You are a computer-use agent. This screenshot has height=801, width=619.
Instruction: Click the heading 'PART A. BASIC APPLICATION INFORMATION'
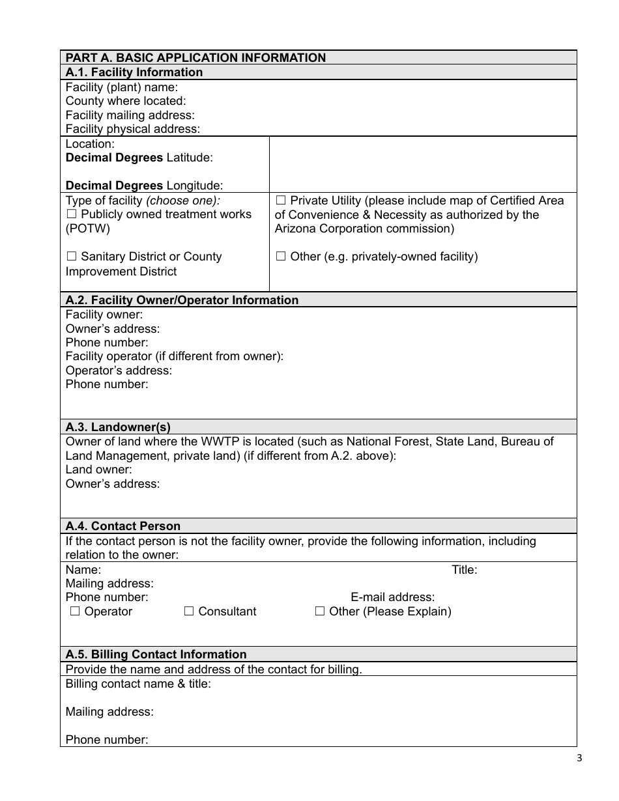[195, 58]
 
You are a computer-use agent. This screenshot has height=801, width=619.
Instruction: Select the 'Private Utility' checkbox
[281, 201]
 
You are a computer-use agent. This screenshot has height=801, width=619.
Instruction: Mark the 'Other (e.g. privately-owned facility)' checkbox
[281, 257]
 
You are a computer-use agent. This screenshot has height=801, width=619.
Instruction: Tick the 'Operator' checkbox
[75, 611]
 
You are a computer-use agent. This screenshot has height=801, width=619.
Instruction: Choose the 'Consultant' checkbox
[189, 611]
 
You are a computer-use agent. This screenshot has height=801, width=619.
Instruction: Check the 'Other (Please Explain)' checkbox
[320, 611]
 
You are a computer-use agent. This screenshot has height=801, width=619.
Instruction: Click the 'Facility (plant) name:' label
[122, 87]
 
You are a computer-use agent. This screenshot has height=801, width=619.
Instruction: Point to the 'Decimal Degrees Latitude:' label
[139, 158]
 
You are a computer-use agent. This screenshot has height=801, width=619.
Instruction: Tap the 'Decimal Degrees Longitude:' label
[144, 186]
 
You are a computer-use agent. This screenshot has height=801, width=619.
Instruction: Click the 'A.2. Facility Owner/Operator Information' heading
[182, 300]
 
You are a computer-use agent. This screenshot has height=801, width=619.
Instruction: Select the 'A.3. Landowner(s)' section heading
[118, 427]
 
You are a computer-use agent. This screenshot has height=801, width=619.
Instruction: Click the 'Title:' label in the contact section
[465, 570]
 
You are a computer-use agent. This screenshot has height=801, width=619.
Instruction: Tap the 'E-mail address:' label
[393, 597]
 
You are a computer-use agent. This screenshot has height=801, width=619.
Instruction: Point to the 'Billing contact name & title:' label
[138, 684]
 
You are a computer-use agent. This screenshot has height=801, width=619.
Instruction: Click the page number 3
[579, 757]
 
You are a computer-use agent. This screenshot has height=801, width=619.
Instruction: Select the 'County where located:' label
[126, 101]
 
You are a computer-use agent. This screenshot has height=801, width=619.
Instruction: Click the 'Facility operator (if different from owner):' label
[175, 356]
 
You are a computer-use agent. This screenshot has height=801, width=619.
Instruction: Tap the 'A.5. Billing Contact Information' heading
[156, 654]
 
